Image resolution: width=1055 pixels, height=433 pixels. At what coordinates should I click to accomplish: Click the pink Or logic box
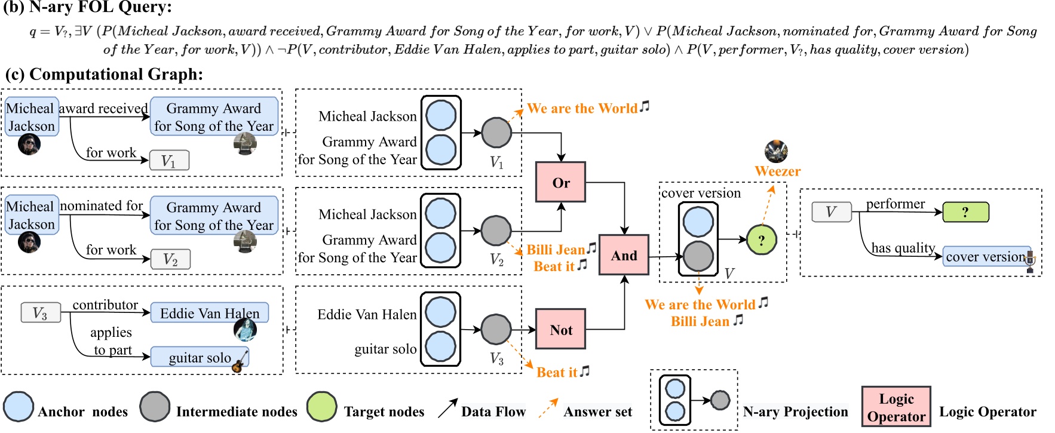(560, 182)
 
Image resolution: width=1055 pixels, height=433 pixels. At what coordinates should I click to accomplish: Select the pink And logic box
(624, 255)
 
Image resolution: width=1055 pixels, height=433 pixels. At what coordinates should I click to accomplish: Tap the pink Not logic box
(560, 329)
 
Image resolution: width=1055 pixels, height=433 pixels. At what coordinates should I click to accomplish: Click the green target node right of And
(761, 240)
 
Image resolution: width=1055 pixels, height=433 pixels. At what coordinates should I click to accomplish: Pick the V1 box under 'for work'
(169, 161)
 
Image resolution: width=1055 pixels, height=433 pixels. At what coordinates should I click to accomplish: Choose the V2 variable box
(170, 259)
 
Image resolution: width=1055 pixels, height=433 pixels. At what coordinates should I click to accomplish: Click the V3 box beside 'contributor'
(40, 313)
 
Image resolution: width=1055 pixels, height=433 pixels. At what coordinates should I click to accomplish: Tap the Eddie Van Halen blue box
(209, 313)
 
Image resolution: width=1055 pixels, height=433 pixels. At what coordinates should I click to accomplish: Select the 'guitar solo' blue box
(200, 357)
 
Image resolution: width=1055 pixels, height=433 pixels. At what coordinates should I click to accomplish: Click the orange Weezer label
(777, 171)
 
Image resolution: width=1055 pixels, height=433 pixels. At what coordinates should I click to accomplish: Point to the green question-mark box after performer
(965, 212)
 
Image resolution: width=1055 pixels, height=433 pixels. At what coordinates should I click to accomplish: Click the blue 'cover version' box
(986, 256)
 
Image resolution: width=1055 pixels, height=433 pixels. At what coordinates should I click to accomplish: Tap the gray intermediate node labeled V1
(496, 133)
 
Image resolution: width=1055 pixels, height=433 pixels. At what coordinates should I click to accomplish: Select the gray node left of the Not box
(496, 329)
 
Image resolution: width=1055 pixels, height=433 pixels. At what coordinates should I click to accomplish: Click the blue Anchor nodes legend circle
(18, 407)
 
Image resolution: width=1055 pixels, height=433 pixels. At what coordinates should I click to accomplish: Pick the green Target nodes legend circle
(322, 407)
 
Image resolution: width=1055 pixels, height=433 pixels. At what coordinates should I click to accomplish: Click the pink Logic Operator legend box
(896, 407)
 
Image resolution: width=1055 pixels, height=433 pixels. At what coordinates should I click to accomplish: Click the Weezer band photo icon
(776, 152)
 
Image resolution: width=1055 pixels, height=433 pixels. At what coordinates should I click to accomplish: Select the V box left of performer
(831, 212)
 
